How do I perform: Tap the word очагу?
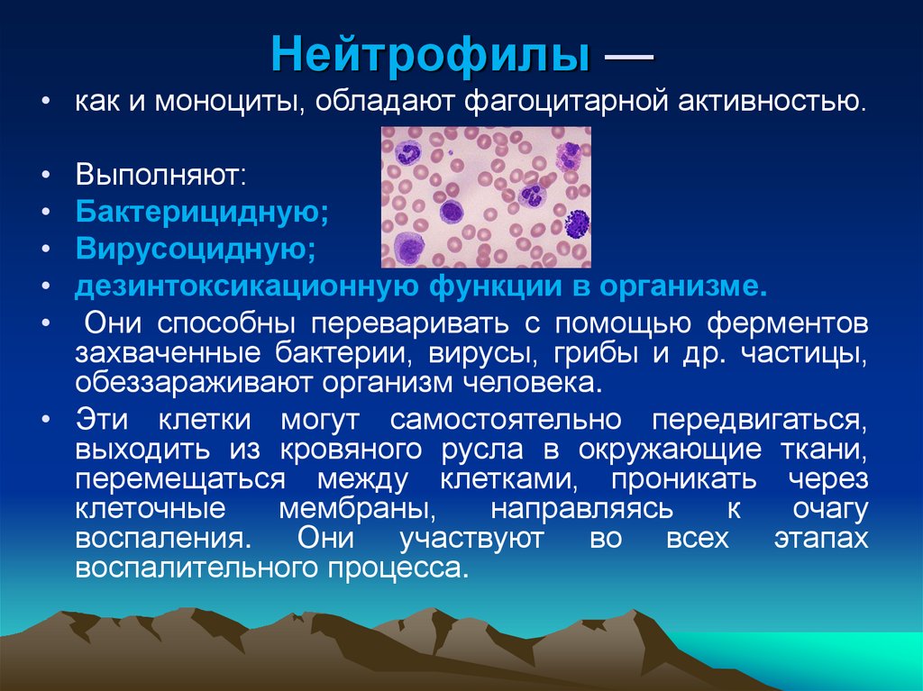828,509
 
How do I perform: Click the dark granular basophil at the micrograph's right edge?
576,221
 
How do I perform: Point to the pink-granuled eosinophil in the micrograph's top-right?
569,156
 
